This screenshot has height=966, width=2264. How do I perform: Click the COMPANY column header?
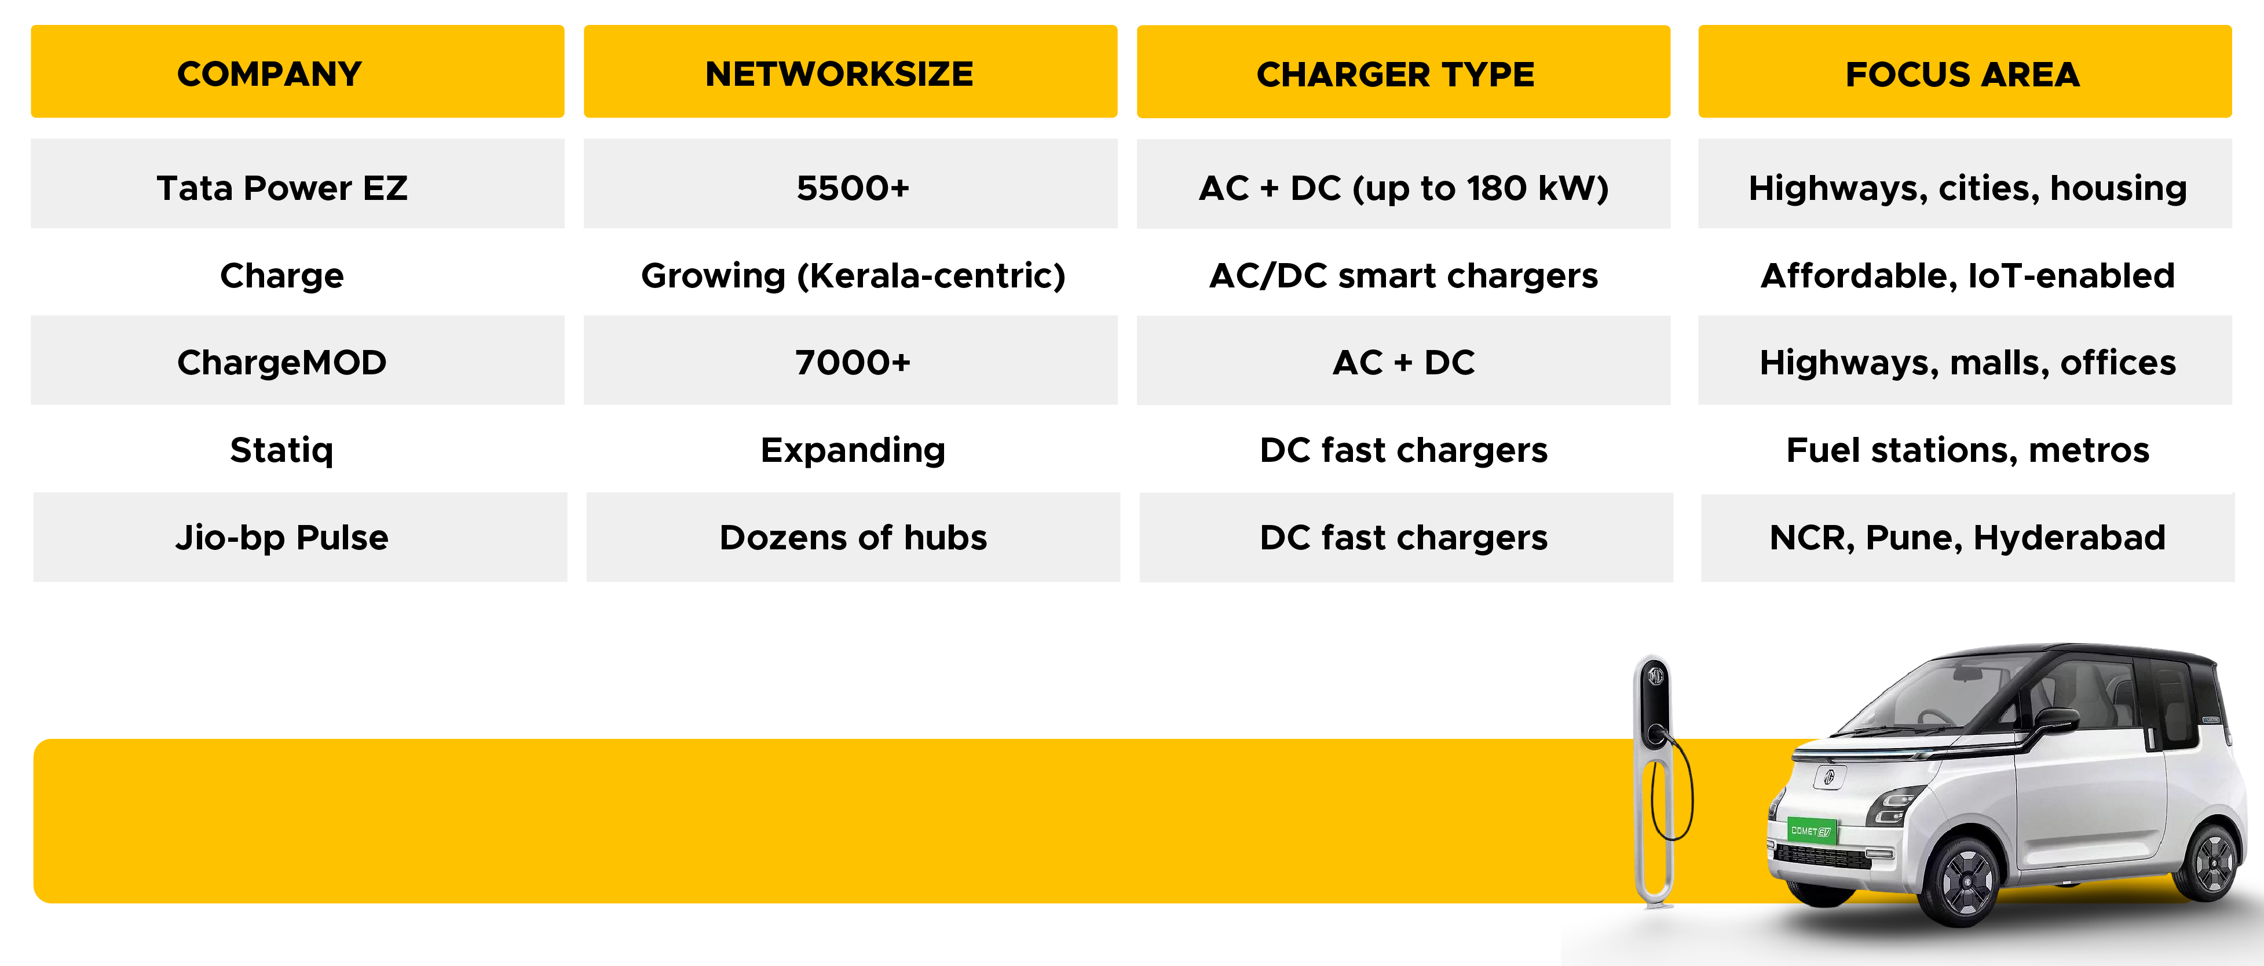tap(297, 71)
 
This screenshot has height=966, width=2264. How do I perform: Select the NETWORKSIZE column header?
tap(850, 71)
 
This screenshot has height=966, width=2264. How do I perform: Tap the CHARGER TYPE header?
tap(1403, 71)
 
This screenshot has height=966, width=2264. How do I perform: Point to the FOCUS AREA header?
tap(1965, 71)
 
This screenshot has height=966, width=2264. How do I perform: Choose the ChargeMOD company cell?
tap(297, 360)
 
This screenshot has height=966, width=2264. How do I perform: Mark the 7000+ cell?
tap(850, 360)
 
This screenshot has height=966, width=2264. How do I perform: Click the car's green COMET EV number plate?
tap(1812, 830)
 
